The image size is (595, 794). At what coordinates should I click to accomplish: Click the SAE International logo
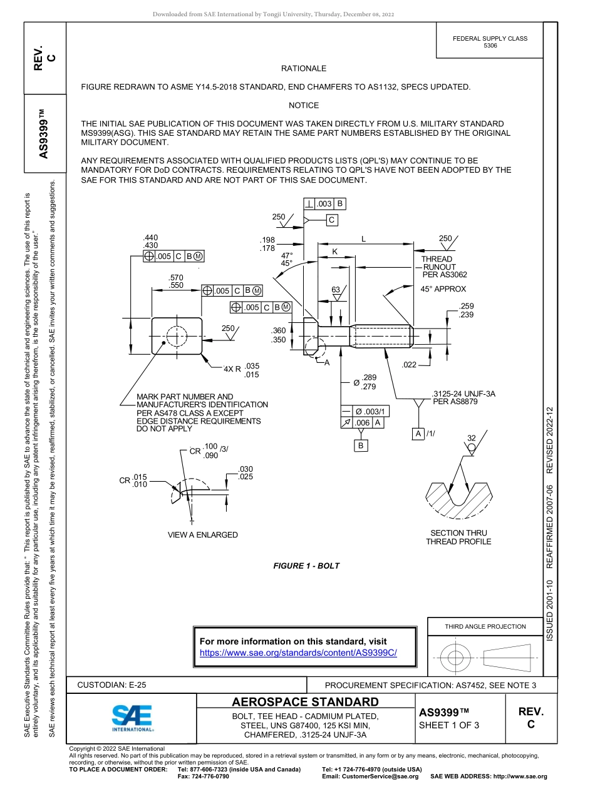(132, 716)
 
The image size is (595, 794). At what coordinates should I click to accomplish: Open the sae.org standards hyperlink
(298, 652)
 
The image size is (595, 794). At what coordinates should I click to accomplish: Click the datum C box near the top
(331, 220)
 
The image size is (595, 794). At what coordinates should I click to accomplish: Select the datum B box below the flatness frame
(361, 445)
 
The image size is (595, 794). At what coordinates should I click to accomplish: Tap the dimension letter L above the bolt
(363, 238)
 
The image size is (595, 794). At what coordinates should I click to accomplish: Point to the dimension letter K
(334, 251)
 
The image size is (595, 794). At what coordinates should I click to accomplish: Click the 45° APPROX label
(443, 289)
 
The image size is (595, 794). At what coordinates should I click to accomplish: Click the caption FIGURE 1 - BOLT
(306, 566)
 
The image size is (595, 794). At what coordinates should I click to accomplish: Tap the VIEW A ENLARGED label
(202, 535)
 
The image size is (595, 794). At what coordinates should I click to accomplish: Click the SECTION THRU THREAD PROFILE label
(458, 537)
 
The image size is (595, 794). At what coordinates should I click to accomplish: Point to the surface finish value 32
(472, 437)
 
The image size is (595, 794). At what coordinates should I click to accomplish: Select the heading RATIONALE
(303, 68)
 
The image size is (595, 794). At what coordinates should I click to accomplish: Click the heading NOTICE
(303, 105)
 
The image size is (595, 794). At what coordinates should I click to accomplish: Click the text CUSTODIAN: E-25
(111, 685)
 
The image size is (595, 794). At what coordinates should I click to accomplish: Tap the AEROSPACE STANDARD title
(305, 701)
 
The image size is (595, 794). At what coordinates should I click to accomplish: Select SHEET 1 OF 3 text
(448, 725)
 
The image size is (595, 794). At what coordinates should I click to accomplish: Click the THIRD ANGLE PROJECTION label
(485, 626)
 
